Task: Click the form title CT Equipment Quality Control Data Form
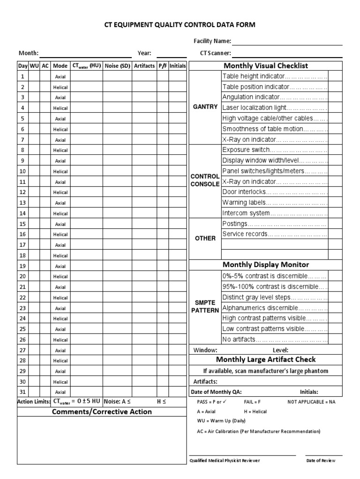click(180, 25)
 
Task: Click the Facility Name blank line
click(284, 42)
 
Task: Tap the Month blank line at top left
click(86, 53)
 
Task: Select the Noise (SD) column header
click(117, 66)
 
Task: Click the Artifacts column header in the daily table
click(144, 66)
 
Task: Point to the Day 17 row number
click(22, 245)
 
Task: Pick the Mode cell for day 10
click(60, 171)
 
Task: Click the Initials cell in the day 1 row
click(178, 76)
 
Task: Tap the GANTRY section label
click(205, 107)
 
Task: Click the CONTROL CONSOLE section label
click(205, 180)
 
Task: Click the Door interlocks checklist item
click(274, 192)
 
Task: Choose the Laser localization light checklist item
click(274, 108)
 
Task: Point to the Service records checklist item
click(274, 234)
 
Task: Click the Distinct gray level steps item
click(274, 298)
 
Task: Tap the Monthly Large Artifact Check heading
click(266, 360)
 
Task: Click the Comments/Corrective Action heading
click(102, 412)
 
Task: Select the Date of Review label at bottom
click(321, 460)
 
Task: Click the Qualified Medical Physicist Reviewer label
click(225, 460)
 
